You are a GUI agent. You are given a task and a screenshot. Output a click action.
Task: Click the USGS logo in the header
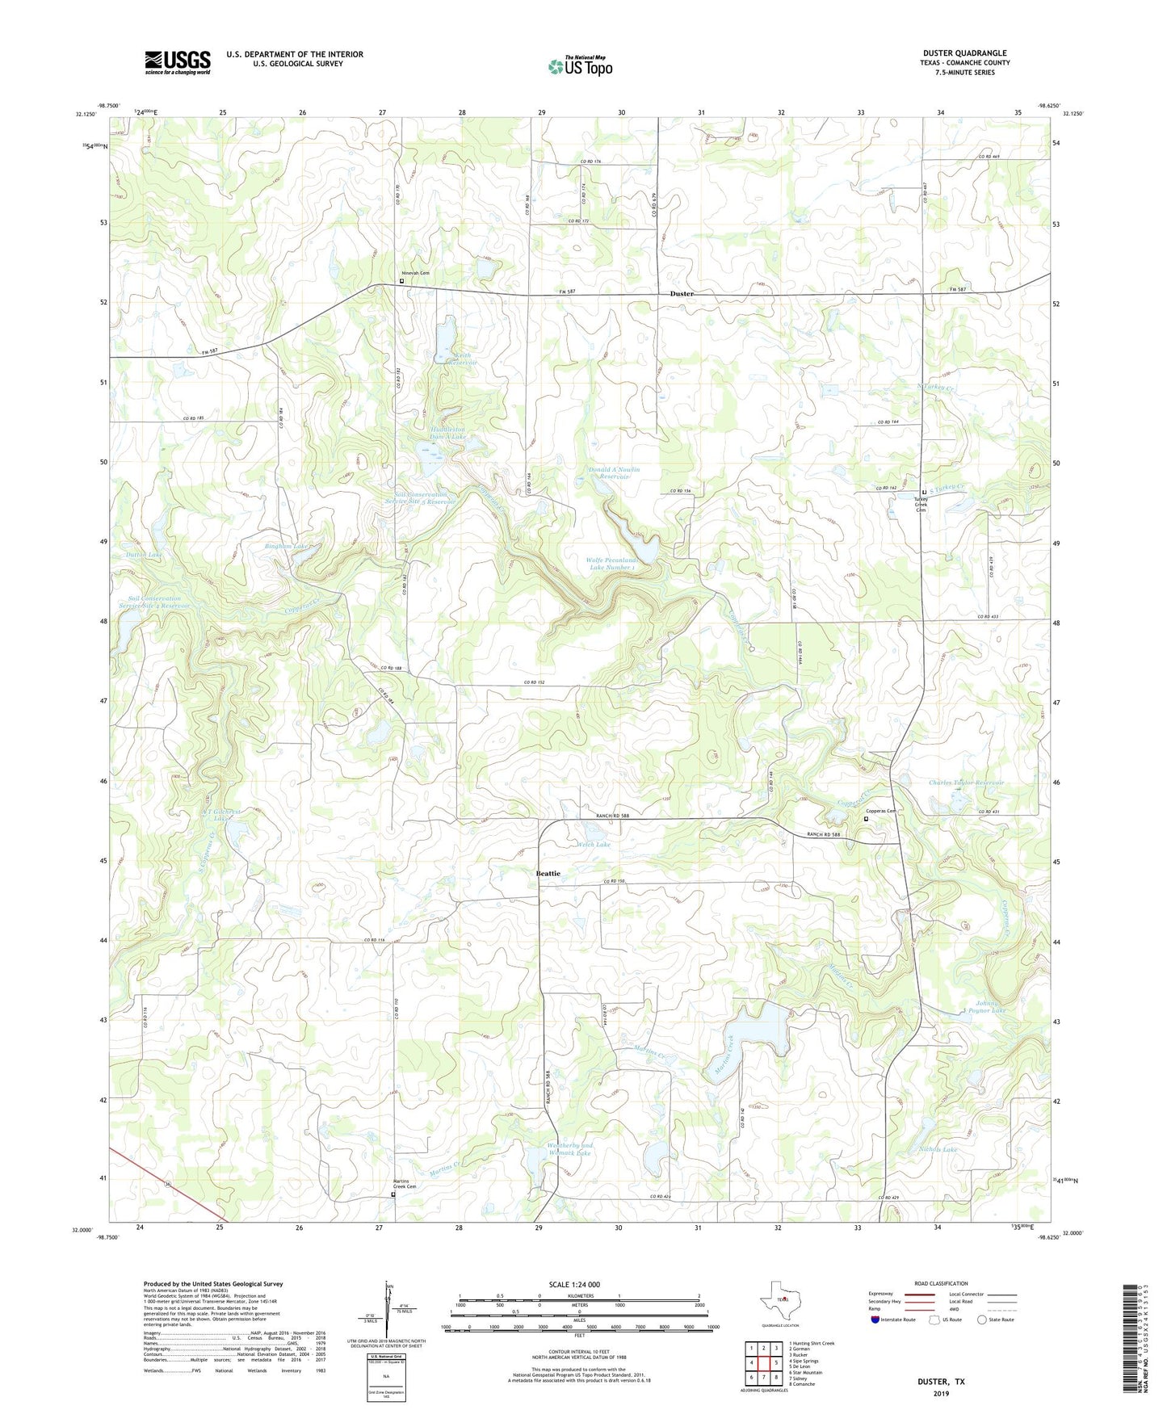tap(177, 62)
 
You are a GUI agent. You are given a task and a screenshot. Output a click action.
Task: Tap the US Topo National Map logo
tap(579, 65)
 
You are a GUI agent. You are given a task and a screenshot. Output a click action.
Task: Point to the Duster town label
tap(682, 294)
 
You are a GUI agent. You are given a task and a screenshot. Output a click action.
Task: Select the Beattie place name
tap(548, 873)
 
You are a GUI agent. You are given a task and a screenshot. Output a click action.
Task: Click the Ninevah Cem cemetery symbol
tap(401, 282)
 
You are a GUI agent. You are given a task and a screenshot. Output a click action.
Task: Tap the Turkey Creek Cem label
tap(921, 503)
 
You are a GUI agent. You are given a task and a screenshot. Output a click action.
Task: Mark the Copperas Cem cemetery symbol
tap(866, 819)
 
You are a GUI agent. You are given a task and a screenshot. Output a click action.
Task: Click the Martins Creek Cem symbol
tap(393, 1194)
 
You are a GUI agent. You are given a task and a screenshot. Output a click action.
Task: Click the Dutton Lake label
tap(144, 555)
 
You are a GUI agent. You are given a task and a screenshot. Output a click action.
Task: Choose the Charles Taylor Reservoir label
tap(966, 783)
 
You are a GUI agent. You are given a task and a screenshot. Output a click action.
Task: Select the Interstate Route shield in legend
tap(875, 1320)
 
